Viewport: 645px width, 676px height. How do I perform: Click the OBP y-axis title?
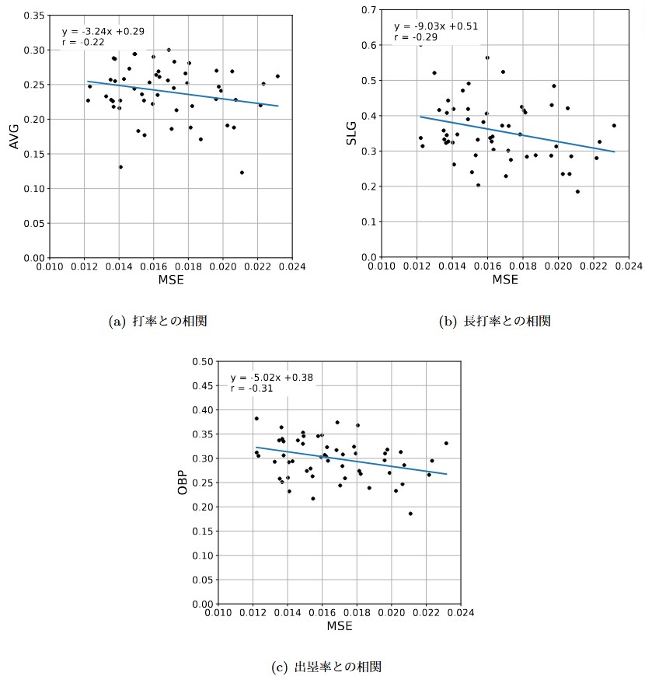click(183, 482)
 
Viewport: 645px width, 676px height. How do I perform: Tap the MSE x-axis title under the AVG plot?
click(171, 281)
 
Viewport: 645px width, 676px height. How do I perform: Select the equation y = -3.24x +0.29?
click(103, 32)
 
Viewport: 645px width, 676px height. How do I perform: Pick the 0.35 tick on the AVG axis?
click(34, 16)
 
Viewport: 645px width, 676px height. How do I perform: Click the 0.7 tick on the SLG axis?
click(369, 10)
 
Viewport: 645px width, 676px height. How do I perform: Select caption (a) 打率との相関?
click(159, 321)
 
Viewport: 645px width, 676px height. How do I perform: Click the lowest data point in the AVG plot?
click(242, 172)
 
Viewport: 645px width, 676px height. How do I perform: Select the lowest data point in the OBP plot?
click(410, 514)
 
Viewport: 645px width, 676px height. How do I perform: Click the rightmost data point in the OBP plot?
click(446, 443)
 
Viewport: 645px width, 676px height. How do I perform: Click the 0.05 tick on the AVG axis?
click(34, 223)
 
